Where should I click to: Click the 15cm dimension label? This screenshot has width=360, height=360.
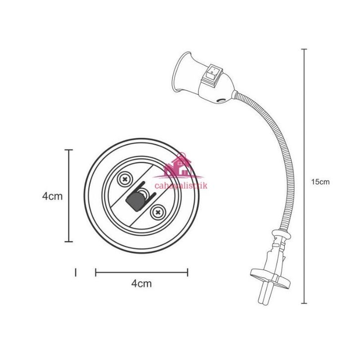[x=320, y=182]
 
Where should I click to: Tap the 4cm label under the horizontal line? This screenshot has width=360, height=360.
[x=141, y=284]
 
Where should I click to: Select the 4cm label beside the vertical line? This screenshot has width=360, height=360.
[x=53, y=196]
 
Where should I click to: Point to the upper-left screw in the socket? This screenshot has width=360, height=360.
[x=124, y=179]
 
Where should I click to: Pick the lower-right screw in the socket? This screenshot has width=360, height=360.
[x=158, y=212]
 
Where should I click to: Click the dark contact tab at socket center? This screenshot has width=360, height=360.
[x=135, y=201]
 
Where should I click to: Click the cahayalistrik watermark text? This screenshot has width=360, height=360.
[x=181, y=185]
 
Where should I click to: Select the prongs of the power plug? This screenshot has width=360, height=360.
[x=264, y=295]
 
